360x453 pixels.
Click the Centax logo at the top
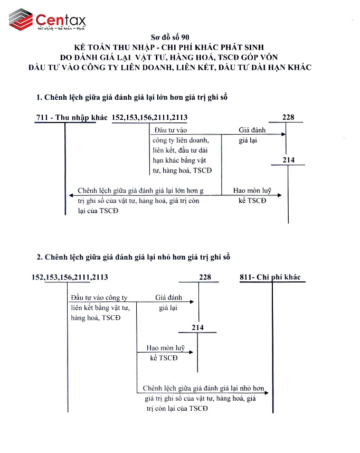(48, 21)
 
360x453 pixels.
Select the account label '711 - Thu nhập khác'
(71, 117)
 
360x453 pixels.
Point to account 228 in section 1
(288, 117)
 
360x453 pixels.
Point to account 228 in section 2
(205, 277)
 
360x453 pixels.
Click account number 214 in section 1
(288, 160)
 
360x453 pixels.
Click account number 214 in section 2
(197, 328)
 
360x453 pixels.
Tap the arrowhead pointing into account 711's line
(69, 195)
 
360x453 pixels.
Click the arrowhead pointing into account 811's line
(268, 392)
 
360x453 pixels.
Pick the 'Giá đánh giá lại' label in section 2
(168, 303)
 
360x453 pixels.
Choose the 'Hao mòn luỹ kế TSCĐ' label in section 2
(164, 353)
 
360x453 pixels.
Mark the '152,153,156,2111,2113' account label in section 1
(150, 117)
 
